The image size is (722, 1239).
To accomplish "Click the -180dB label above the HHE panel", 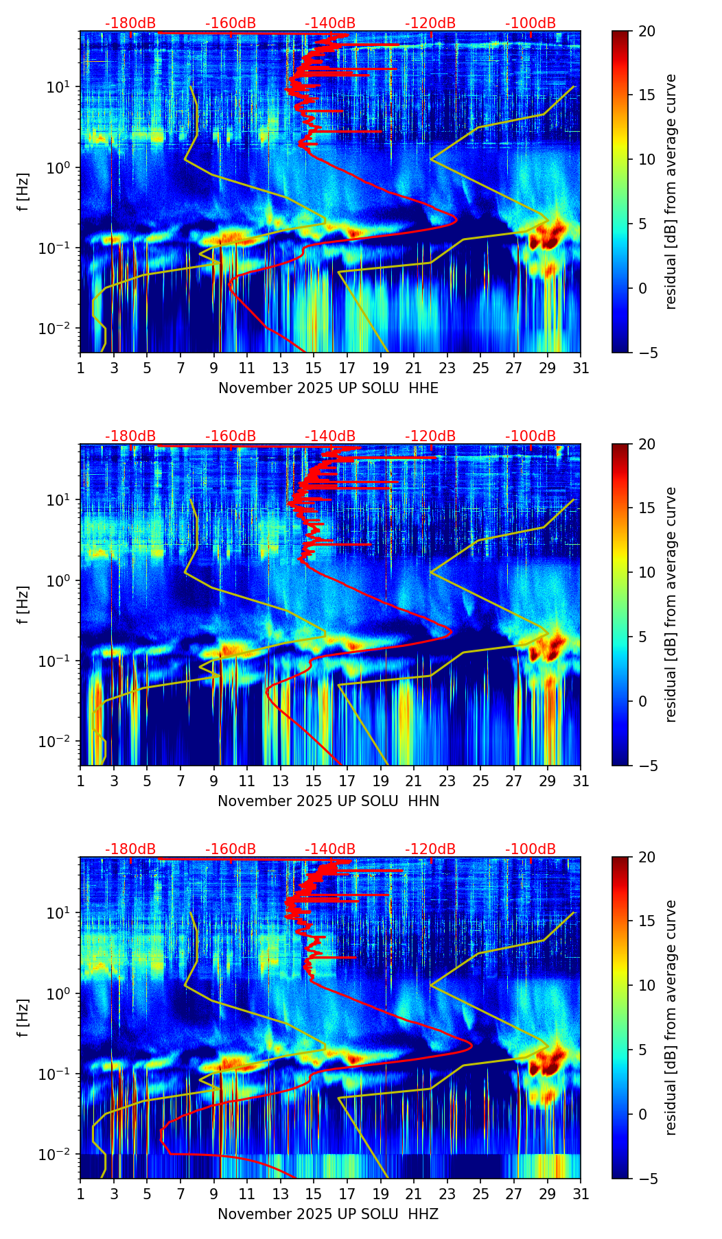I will tap(130, 23).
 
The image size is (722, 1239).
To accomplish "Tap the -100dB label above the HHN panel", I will tap(531, 436).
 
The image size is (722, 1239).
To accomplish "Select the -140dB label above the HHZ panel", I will tap(330, 849).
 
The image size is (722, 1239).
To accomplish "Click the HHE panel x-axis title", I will tap(328, 388).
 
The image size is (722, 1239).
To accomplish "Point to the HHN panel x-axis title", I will tap(328, 801).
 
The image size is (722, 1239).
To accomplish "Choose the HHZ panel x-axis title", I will tap(328, 1214).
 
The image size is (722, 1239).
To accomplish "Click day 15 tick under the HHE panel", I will tap(314, 368).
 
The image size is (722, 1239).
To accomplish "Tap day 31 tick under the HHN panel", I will tap(581, 781).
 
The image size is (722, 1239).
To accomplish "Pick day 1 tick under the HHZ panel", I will tap(80, 1194).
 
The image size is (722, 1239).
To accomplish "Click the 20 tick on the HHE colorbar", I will tap(647, 31).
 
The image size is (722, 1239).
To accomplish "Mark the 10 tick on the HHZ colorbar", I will tap(647, 985).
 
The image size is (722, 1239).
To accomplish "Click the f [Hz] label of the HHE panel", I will tap(23, 192).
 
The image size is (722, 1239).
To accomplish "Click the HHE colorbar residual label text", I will tap(671, 192).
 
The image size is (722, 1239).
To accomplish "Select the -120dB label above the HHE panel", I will tap(430, 23).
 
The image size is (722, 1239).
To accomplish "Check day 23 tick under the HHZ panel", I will tap(447, 1194).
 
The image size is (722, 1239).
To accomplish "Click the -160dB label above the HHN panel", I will tap(231, 436).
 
